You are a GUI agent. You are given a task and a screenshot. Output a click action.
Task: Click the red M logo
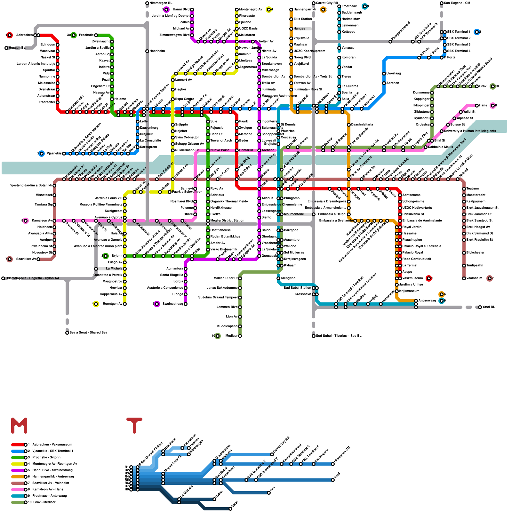tap(19, 426)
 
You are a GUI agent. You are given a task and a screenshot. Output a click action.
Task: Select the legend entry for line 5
tap(52, 470)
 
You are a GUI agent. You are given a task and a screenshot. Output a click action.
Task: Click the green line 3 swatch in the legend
tap(18, 457)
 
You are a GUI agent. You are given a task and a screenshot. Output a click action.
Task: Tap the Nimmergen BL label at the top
tap(161, 3)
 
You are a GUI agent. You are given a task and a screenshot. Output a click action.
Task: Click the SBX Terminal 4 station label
tap(459, 51)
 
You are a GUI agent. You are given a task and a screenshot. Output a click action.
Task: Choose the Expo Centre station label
tap(185, 99)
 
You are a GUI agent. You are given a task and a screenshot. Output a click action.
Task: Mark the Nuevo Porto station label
tap(220, 150)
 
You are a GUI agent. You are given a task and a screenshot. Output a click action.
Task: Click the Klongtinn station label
tap(288, 278)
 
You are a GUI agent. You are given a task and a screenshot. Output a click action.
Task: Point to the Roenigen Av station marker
tap(125, 304)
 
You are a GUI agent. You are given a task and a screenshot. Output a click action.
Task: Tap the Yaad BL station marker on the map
tap(480, 307)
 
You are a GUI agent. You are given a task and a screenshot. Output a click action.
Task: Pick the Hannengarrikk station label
tap(305, 10)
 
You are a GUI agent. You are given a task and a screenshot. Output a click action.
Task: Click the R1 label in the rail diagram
tap(127, 467)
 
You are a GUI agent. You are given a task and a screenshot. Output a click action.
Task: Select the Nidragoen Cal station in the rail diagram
tap(333, 464)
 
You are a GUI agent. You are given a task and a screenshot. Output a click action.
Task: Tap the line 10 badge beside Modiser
tap(218, 336)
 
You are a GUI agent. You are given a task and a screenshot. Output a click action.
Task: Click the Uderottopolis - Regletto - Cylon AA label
tap(32, 278)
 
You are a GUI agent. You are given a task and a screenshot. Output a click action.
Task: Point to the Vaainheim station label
tap(474, 278)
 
